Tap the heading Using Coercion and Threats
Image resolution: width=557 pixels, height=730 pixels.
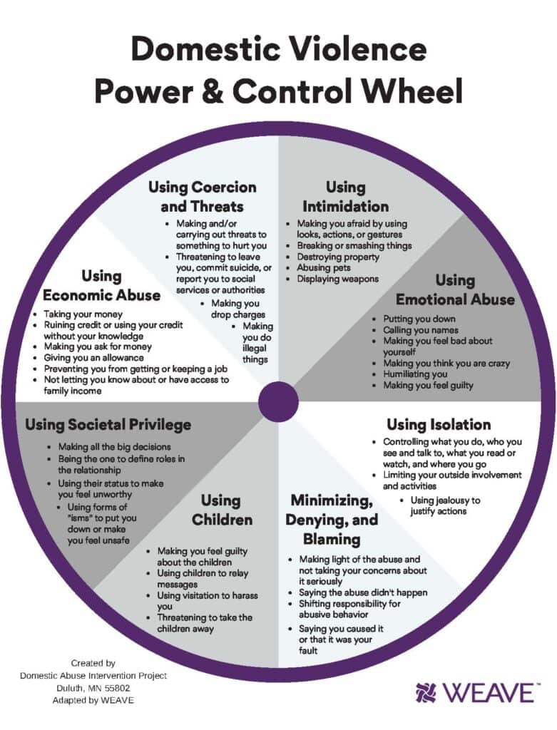point(202,197)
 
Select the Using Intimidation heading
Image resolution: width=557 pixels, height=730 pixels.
point(345,197)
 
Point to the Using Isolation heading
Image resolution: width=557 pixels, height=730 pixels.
point(439,425)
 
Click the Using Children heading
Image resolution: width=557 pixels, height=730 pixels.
point(221,510)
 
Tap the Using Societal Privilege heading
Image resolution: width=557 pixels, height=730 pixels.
point(108,425)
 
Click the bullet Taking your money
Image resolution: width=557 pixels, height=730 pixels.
point(83,314)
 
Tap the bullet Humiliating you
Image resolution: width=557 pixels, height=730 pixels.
point(415,374)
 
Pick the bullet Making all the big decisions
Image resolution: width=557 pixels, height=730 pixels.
point(114,447)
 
